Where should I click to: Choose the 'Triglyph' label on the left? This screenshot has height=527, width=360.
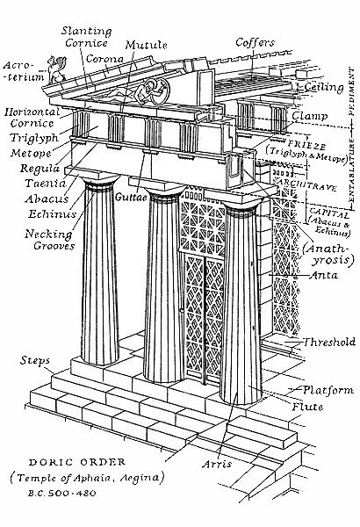(x=32, y=139)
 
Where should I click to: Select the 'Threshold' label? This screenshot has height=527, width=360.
(x=328, y=342)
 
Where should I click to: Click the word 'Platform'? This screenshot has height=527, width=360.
(x=328, y=390)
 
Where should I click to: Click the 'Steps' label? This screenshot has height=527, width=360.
(x=35, y=362)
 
